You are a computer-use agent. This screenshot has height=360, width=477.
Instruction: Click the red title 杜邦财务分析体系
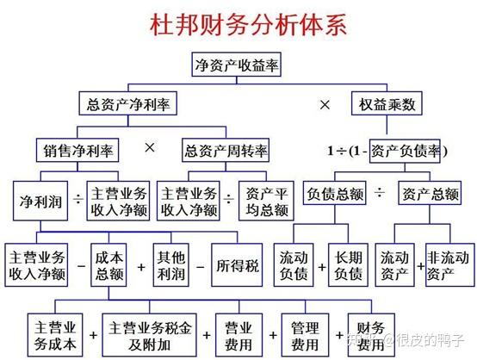pos(248,24)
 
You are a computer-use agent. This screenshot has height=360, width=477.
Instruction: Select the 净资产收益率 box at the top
pos(237,65)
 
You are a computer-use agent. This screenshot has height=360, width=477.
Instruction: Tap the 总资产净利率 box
pos(128,103)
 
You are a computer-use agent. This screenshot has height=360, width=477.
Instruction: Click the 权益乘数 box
pos(387,103)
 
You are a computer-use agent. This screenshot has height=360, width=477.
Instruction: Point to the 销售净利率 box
pos(77,151)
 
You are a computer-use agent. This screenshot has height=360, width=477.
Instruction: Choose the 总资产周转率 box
pos(226,151)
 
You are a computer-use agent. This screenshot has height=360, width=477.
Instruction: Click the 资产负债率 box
pos(405,152)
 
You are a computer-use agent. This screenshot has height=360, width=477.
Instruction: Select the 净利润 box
pos(40,201)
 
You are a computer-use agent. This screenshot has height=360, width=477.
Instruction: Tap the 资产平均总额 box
pos(267,201)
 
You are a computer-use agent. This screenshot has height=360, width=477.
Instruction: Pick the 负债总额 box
pos(335,193)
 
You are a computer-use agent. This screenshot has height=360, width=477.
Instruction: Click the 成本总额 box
pos(108,265)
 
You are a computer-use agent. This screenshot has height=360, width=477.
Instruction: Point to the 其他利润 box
pos(171,265)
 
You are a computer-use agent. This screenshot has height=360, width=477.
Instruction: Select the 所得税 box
pos(237,265)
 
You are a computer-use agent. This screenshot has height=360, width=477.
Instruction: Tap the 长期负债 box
pos(349,265)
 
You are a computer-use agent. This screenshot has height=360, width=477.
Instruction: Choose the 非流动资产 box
pos(450,265)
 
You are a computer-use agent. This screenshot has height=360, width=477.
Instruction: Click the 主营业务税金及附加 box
pos(149,335)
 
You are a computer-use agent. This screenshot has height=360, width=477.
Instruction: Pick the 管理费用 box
pos(305,335)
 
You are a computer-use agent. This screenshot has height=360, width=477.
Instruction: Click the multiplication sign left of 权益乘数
pos(325,105)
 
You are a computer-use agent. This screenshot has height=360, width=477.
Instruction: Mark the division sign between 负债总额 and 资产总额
pos(380,192)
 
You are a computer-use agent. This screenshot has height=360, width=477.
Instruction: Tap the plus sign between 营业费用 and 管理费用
pos(273,335)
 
